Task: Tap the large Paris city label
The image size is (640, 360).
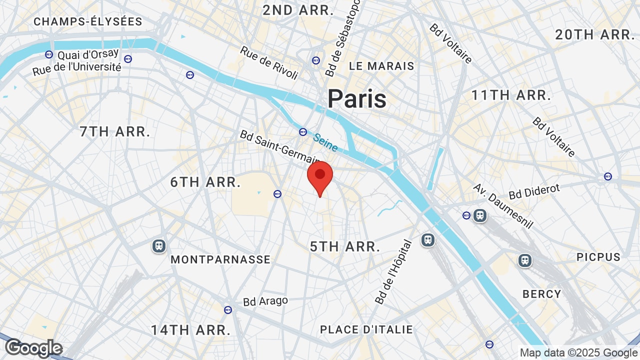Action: pos(357,98)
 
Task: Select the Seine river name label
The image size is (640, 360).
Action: pos(325,142)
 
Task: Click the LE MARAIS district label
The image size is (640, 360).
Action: pos(382,66)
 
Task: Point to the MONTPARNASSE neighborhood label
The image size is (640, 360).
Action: pos(220,259)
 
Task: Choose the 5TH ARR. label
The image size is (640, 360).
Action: pos(345,246)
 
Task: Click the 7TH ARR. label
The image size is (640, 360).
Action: pos(115,132)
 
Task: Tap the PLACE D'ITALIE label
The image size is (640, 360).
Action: pos(366,329)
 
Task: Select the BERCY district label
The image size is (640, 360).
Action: pos(542,294)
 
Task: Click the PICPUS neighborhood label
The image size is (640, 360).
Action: pos(598,257)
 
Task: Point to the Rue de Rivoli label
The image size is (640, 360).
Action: pos(269,62)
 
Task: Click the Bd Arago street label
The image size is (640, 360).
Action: pos(265,301)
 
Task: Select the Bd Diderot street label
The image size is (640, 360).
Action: pos(534,191)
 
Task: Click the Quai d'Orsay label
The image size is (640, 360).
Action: pos(88,54)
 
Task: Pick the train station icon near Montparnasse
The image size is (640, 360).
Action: pos(159,246)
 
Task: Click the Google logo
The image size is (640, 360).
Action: pos(34,348)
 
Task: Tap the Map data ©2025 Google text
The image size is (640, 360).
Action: pos(578,353)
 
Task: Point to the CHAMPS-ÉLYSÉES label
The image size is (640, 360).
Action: pos(88,21)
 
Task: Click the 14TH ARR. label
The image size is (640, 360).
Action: pos(190,330)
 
